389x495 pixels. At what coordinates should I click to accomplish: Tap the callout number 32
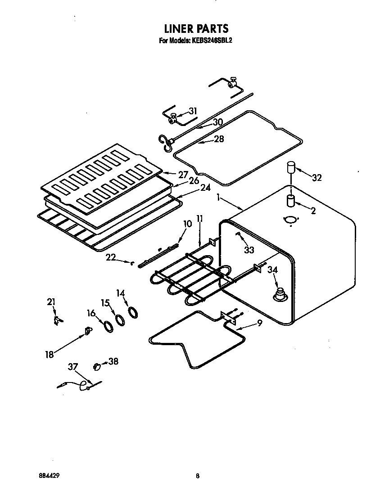pyautogui.click(x=317, y=177)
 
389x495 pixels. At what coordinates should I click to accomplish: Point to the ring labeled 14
pyautogui.click(x=133, y=312)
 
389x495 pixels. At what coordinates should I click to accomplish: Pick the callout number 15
pyautogui.click(x=106, y=303)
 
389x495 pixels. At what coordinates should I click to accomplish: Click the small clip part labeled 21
pyautogui.click(x=57, y=320)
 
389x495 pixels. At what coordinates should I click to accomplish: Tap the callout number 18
pyautogui.click(x=50, y=354)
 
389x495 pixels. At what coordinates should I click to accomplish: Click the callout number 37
pyautogui.click(x=73, y=367)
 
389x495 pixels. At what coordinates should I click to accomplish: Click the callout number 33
pyautogui.click(x=249, y=250)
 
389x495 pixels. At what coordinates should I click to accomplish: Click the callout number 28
pyautogui.click(x=219, y=139)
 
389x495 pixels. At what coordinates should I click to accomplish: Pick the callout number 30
pyautogui.click(x=218, y=121)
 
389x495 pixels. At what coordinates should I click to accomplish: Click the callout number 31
pyautogui.click(x=192, y=111)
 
